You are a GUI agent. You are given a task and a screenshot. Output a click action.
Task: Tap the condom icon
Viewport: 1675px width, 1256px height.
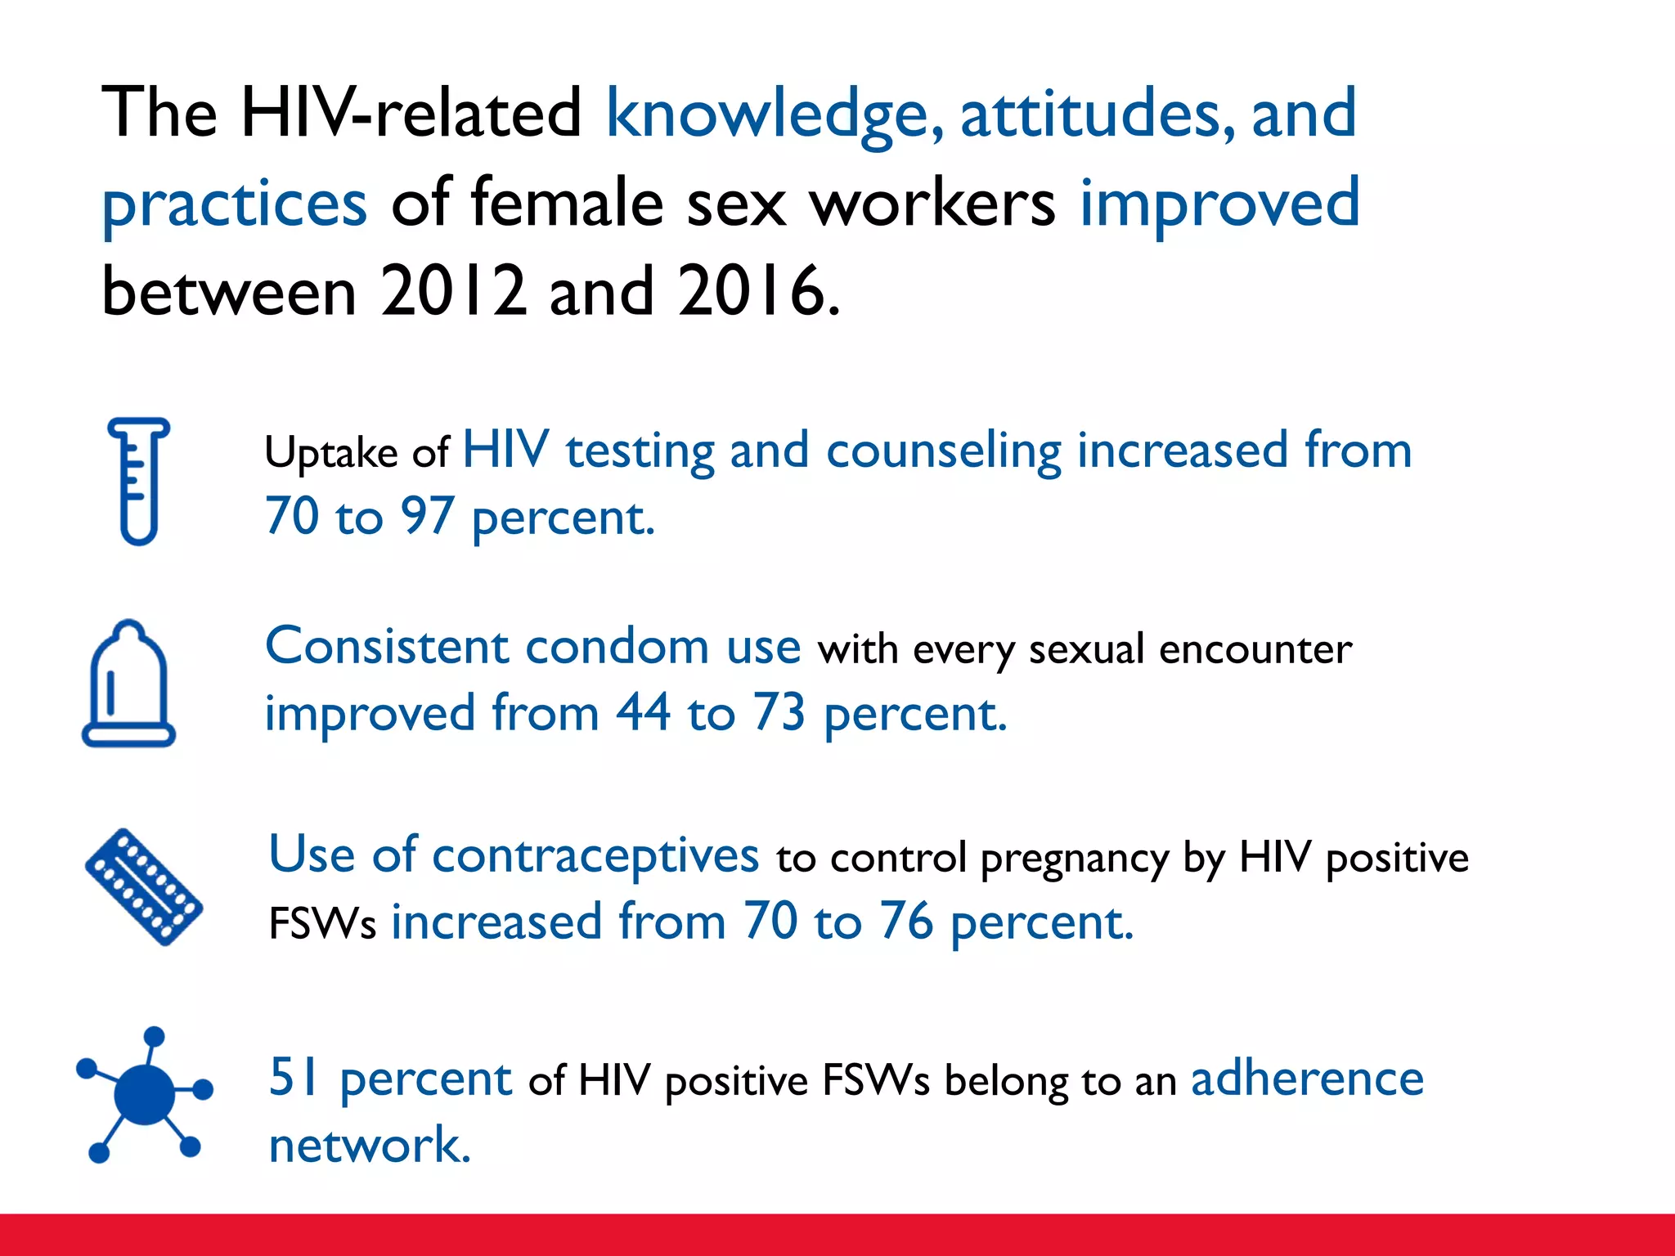pyautogui.click(x=128, y=684)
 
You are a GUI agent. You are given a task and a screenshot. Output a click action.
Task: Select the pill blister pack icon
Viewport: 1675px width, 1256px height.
pyautogui.click(x=144, y=887)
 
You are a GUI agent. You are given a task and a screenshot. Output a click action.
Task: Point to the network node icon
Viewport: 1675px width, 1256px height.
pyautogui.click(x=145, y=1094)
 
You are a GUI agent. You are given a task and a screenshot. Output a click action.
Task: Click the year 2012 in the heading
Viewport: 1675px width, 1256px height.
pyautogui.click(x=453, y=292)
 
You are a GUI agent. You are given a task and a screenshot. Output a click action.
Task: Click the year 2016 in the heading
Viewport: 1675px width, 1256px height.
pyautogui.click(x=751, y=292)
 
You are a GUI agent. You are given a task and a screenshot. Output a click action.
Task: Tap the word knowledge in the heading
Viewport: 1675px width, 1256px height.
pyautogui.click(x=774, y=114)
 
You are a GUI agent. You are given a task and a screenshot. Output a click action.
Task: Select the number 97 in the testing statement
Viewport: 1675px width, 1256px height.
pyautogui.click(x=427, y=517)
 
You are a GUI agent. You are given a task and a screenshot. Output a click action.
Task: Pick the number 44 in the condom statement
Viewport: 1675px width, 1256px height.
pyautogui.click(x=643, y=713)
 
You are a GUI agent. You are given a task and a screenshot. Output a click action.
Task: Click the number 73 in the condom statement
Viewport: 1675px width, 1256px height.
pyautogui.click(x=779, y=713)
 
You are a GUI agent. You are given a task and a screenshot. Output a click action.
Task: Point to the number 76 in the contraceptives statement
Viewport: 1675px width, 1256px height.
pyautogui.click(x=905, y=922)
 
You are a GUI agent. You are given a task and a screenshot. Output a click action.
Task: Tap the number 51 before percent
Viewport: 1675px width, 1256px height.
pyautogui.click(x=294, y=1078)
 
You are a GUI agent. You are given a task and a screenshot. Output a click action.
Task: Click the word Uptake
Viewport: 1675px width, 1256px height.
pyautogui.click(x=331, y=453)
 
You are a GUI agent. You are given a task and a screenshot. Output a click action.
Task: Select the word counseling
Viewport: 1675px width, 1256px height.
pyautogui.click(x=944, y=451)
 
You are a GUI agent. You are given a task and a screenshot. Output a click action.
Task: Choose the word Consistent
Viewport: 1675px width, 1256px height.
pyautogui.click(x=388, y=647)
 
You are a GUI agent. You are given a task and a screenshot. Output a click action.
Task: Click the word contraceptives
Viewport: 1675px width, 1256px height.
pyautogui.click(x=595, y=856)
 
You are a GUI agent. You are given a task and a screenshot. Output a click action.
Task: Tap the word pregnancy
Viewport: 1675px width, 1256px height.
pyautogui.click(x=1075, y=859)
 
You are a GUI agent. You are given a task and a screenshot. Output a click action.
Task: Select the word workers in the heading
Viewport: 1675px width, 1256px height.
pyautogui.click(x=932, y=204)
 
